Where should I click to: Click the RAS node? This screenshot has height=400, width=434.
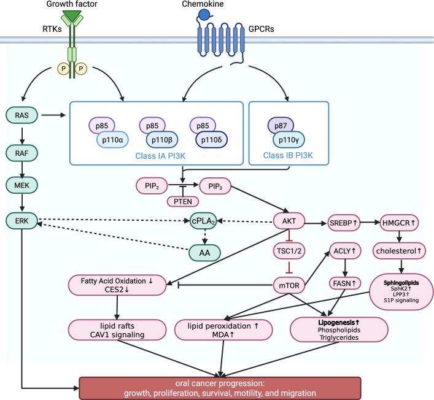[x=22, y=114]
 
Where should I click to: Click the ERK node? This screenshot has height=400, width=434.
[x=22, y=220]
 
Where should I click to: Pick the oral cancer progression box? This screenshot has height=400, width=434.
[x=220, y=388]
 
